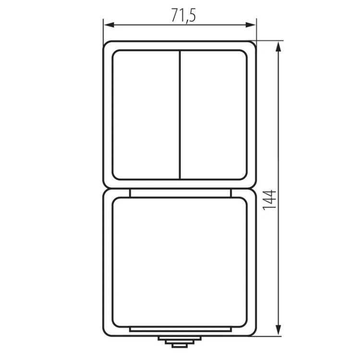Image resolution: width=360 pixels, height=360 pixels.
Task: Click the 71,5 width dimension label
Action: pos(184,15)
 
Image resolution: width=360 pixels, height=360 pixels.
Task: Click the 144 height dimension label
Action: pos(269,200)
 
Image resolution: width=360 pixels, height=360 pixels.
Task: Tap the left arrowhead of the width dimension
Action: pos(109,25)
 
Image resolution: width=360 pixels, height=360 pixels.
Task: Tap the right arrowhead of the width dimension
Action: pos(251,25)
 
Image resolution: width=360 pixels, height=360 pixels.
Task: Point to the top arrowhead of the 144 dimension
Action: pos(278,47)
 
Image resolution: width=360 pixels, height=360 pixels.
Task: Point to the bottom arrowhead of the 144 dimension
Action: pos(278,330)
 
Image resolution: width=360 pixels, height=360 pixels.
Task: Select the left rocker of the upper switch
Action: pos(146,115)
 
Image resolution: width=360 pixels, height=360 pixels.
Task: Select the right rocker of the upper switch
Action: pos(214,115)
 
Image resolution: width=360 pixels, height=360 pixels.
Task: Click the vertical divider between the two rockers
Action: pos(180,115)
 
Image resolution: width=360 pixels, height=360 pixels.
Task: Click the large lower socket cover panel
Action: pos(180,262)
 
